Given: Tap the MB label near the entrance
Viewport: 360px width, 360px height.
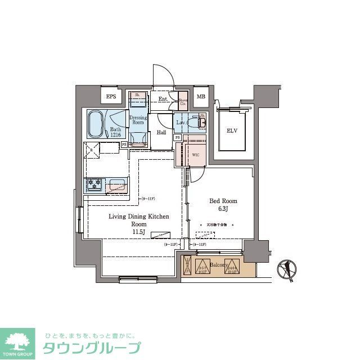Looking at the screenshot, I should point(200,97).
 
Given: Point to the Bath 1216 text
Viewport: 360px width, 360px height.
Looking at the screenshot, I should point(115,132).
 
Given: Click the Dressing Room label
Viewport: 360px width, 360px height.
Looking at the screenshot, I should point(138,120).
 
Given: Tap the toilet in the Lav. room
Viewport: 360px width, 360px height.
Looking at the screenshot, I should point(198,121).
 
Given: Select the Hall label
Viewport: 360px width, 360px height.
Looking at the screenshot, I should point(161,133).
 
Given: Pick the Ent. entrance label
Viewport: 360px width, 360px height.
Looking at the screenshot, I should point(163,100).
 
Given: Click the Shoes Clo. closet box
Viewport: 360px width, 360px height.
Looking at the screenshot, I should point(183,102).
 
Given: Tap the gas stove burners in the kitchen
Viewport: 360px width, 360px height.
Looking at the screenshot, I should point(93,184).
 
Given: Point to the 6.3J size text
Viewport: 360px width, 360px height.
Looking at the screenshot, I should point(223,209).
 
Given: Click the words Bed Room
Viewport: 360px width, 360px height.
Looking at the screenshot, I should point(223,201).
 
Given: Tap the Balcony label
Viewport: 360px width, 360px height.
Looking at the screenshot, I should point(218,264).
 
